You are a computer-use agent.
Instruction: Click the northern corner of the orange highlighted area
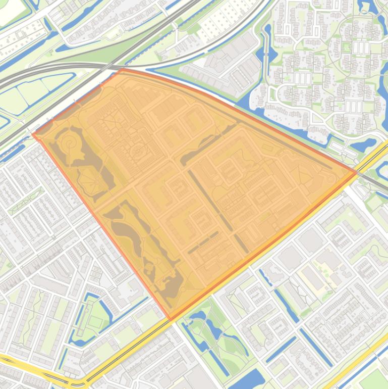pos(121,71)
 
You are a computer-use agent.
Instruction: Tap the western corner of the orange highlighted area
pos(34,134)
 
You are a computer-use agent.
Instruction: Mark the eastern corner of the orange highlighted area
pos(356,172)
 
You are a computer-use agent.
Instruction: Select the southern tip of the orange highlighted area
pos(171,319)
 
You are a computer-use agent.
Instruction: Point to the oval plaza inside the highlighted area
pos(137,151)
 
